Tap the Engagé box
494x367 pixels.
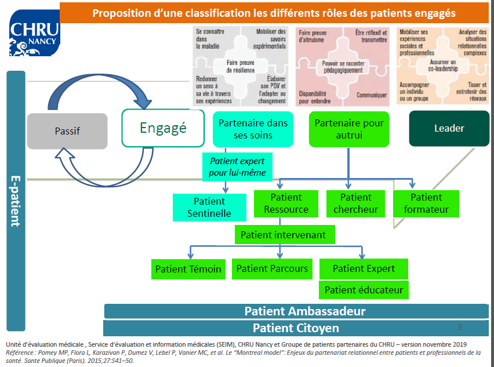163,128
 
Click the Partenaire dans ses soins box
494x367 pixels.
253,129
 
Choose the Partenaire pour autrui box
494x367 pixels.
348,129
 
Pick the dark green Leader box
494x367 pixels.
449,129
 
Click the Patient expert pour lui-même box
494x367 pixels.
238,166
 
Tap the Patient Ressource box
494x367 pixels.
286,204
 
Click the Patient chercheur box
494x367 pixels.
355,204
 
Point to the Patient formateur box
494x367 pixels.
426,204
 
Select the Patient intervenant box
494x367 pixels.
284,235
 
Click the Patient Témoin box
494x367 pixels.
188,269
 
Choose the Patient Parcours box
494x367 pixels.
272,268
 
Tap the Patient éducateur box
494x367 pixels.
363,290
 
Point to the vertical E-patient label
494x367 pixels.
16,200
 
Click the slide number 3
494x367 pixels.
459,328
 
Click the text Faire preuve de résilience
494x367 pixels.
240,65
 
